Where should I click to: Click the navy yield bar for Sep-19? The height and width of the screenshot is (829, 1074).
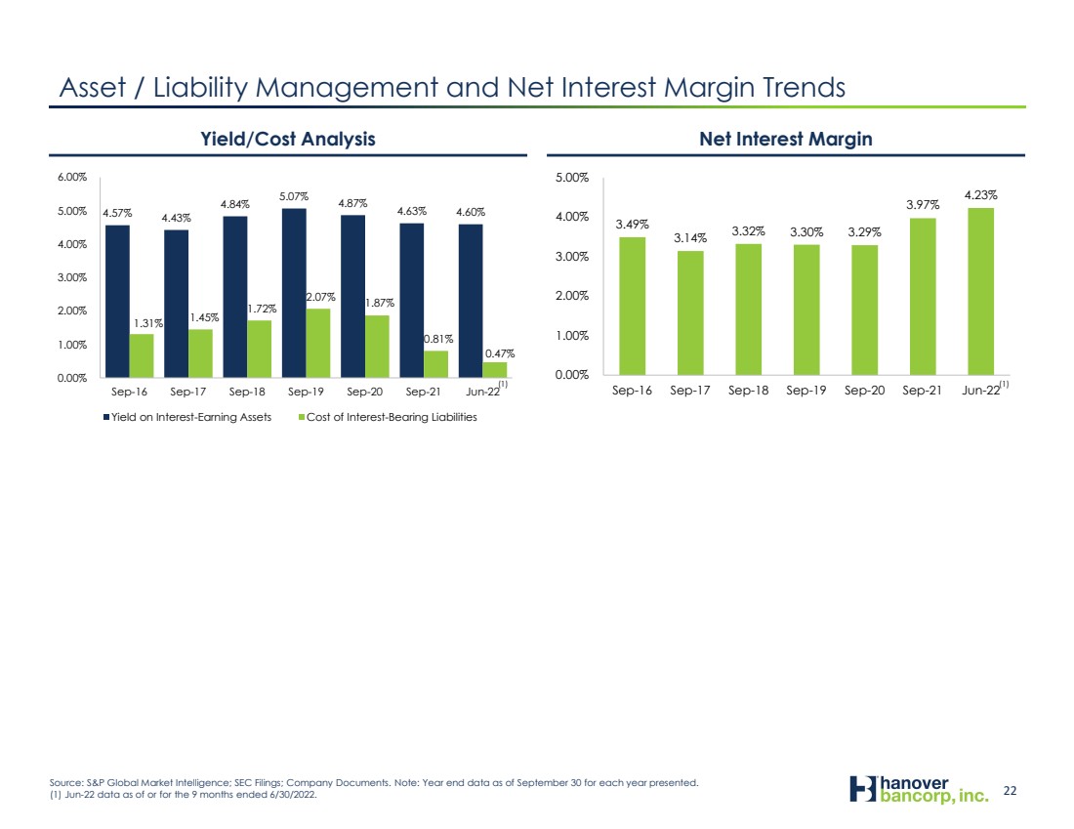point(294,293)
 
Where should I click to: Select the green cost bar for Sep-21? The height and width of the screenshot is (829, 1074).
point(435,364)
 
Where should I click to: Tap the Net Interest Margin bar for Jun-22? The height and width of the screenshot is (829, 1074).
point(980,291)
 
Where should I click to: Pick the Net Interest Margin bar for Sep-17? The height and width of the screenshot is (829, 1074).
point(690,312)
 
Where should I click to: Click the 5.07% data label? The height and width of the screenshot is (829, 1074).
point(294,196)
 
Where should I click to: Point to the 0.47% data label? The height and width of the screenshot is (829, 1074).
point(500,353)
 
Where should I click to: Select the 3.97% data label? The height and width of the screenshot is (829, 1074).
point(923,205)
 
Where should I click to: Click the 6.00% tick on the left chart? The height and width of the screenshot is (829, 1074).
point(72,177)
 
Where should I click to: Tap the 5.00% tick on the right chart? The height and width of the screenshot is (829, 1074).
point(572,178)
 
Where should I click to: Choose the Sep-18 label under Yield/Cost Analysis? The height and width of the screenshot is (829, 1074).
point(247,392)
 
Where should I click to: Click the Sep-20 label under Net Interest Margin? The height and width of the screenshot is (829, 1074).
point(864,391)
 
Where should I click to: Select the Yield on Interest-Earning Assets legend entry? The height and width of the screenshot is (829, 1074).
point(187,417)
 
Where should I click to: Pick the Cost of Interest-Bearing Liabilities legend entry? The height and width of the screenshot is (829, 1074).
point(388,417)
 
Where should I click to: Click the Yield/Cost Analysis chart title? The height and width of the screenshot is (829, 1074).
point(288,139)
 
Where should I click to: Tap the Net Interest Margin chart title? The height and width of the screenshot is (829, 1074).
point(786,139)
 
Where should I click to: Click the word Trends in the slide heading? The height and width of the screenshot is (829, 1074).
point(804,88)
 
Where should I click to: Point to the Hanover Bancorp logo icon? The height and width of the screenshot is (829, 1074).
point(863,789)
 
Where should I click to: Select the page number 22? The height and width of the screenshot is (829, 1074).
point(1010,791)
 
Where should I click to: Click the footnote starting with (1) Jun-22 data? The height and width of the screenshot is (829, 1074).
point(183,796)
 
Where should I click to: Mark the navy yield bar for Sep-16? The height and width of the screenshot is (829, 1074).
point(117,302)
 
